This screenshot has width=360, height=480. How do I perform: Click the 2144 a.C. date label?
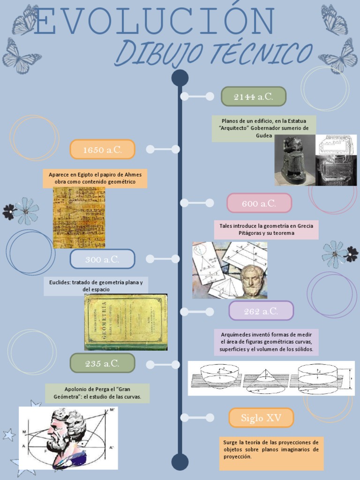253,97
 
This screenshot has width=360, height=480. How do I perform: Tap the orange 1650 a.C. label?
102,150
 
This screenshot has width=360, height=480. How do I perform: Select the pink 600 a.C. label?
259,203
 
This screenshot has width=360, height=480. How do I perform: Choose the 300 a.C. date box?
102,259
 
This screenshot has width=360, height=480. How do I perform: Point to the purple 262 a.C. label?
261,311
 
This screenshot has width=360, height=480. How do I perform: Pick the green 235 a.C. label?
102,363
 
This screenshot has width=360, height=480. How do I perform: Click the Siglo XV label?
261,418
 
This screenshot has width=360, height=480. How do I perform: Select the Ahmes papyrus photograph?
79,217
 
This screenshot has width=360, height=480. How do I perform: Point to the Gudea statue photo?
294,160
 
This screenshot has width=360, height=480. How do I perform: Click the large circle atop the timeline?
180,78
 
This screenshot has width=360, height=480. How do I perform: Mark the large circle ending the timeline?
180,462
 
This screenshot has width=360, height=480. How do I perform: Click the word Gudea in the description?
264,135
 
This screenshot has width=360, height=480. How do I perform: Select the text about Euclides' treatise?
96,285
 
